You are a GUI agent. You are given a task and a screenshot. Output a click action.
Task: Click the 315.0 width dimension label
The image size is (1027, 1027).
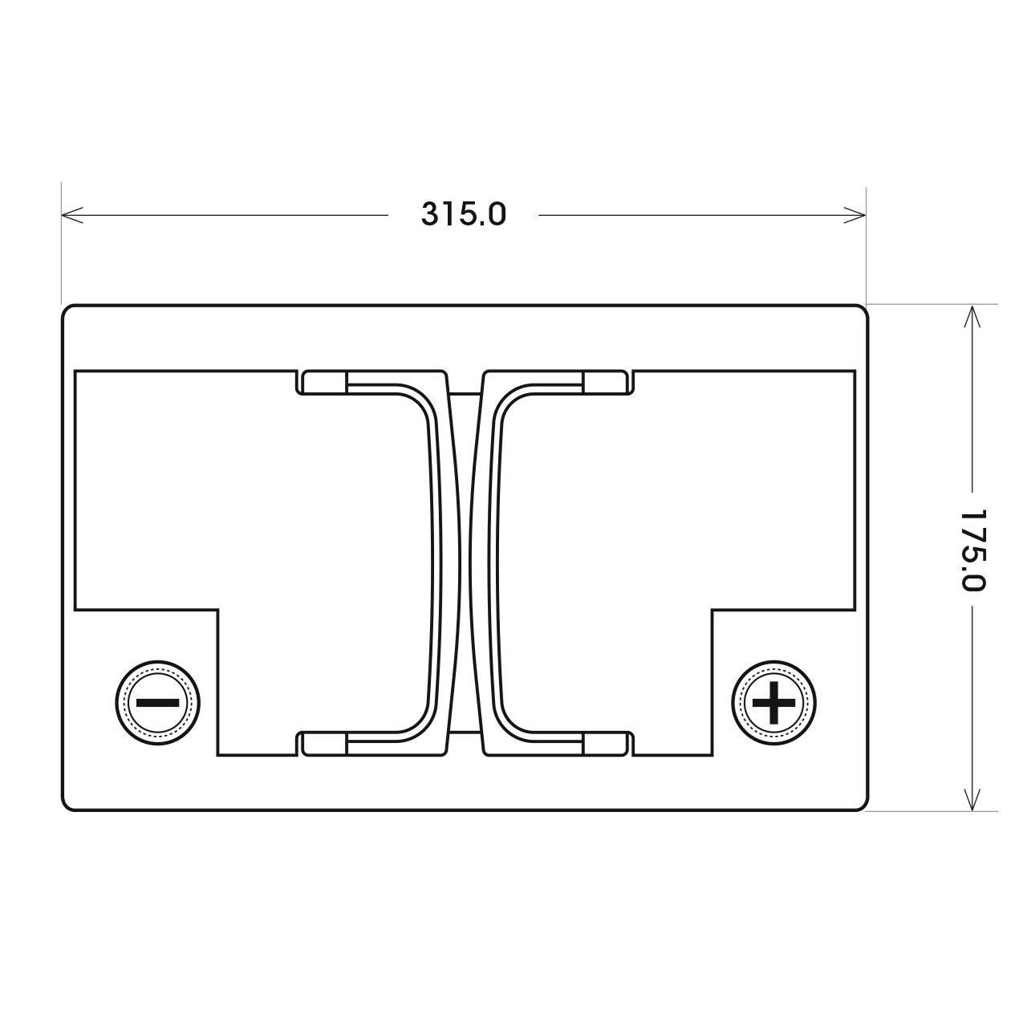pos(463,215)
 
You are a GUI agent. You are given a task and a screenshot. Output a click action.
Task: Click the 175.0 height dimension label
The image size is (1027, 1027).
pos(971,550)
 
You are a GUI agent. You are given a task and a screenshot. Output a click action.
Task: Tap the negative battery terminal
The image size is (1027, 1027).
pos(158,702)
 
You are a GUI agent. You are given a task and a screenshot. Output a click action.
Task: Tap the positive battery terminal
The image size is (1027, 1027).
pos(773,702)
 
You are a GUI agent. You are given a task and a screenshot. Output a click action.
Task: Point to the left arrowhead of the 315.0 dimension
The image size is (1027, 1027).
pos(72,215)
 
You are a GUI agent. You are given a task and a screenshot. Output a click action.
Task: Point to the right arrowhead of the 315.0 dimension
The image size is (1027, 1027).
pos(854,215)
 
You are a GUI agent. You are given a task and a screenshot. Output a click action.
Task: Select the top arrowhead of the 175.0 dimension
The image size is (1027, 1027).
pos(972,316)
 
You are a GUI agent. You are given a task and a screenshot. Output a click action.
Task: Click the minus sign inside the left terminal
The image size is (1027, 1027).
pos(158,702)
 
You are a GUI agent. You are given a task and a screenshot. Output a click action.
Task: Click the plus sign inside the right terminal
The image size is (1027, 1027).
pos(773,702)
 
